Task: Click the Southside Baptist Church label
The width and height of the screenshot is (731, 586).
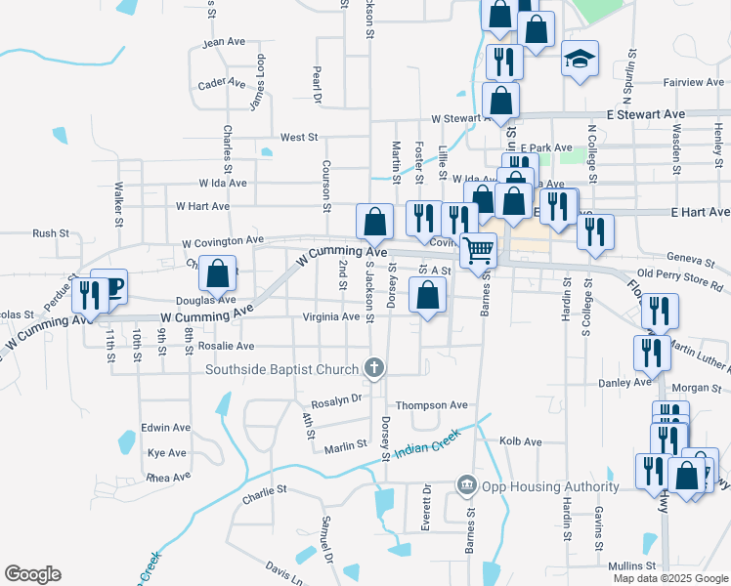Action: [x=282, y=369]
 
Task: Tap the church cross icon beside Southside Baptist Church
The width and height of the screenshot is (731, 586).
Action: [x=372, y=368]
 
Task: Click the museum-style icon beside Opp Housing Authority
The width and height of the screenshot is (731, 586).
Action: [x=466, y=485]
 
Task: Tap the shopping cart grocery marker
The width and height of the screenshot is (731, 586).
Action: [x=478, y=249]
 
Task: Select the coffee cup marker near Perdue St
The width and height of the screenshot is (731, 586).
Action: [x=111, y=285]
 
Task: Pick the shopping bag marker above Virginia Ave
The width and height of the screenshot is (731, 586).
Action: [x=428, y=294]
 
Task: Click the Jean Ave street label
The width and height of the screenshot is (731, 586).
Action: [x=223, y=43]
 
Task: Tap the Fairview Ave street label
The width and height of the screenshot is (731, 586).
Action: [x=689, y=83]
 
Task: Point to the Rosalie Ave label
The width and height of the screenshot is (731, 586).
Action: [x=227, y=346]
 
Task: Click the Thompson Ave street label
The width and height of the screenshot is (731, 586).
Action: [x=431, y=405]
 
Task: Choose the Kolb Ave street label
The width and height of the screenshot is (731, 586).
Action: [x=520, y=441]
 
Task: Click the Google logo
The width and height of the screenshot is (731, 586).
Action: [x=32, y=574]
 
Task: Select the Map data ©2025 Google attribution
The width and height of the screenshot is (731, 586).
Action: [x=670, y=578]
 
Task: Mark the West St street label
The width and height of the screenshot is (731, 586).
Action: [x=299, y=139]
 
